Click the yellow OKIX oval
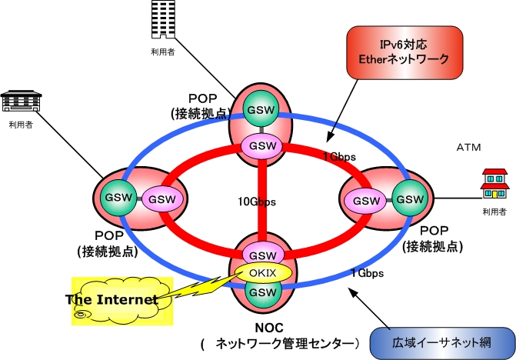(x=262, y=273)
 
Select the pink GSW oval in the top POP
(x=262, y=145)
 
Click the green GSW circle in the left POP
(x=118, y=198)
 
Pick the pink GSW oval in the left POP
(x=161, y=199)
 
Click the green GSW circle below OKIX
(x=262, y=293)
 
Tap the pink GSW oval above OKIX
(x=262, y=255)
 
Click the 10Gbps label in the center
(x=255, y=202)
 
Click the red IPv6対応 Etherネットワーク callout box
(x=404, y=49)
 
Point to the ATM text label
(x=468, y=146)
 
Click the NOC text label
(x=263, y=326)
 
